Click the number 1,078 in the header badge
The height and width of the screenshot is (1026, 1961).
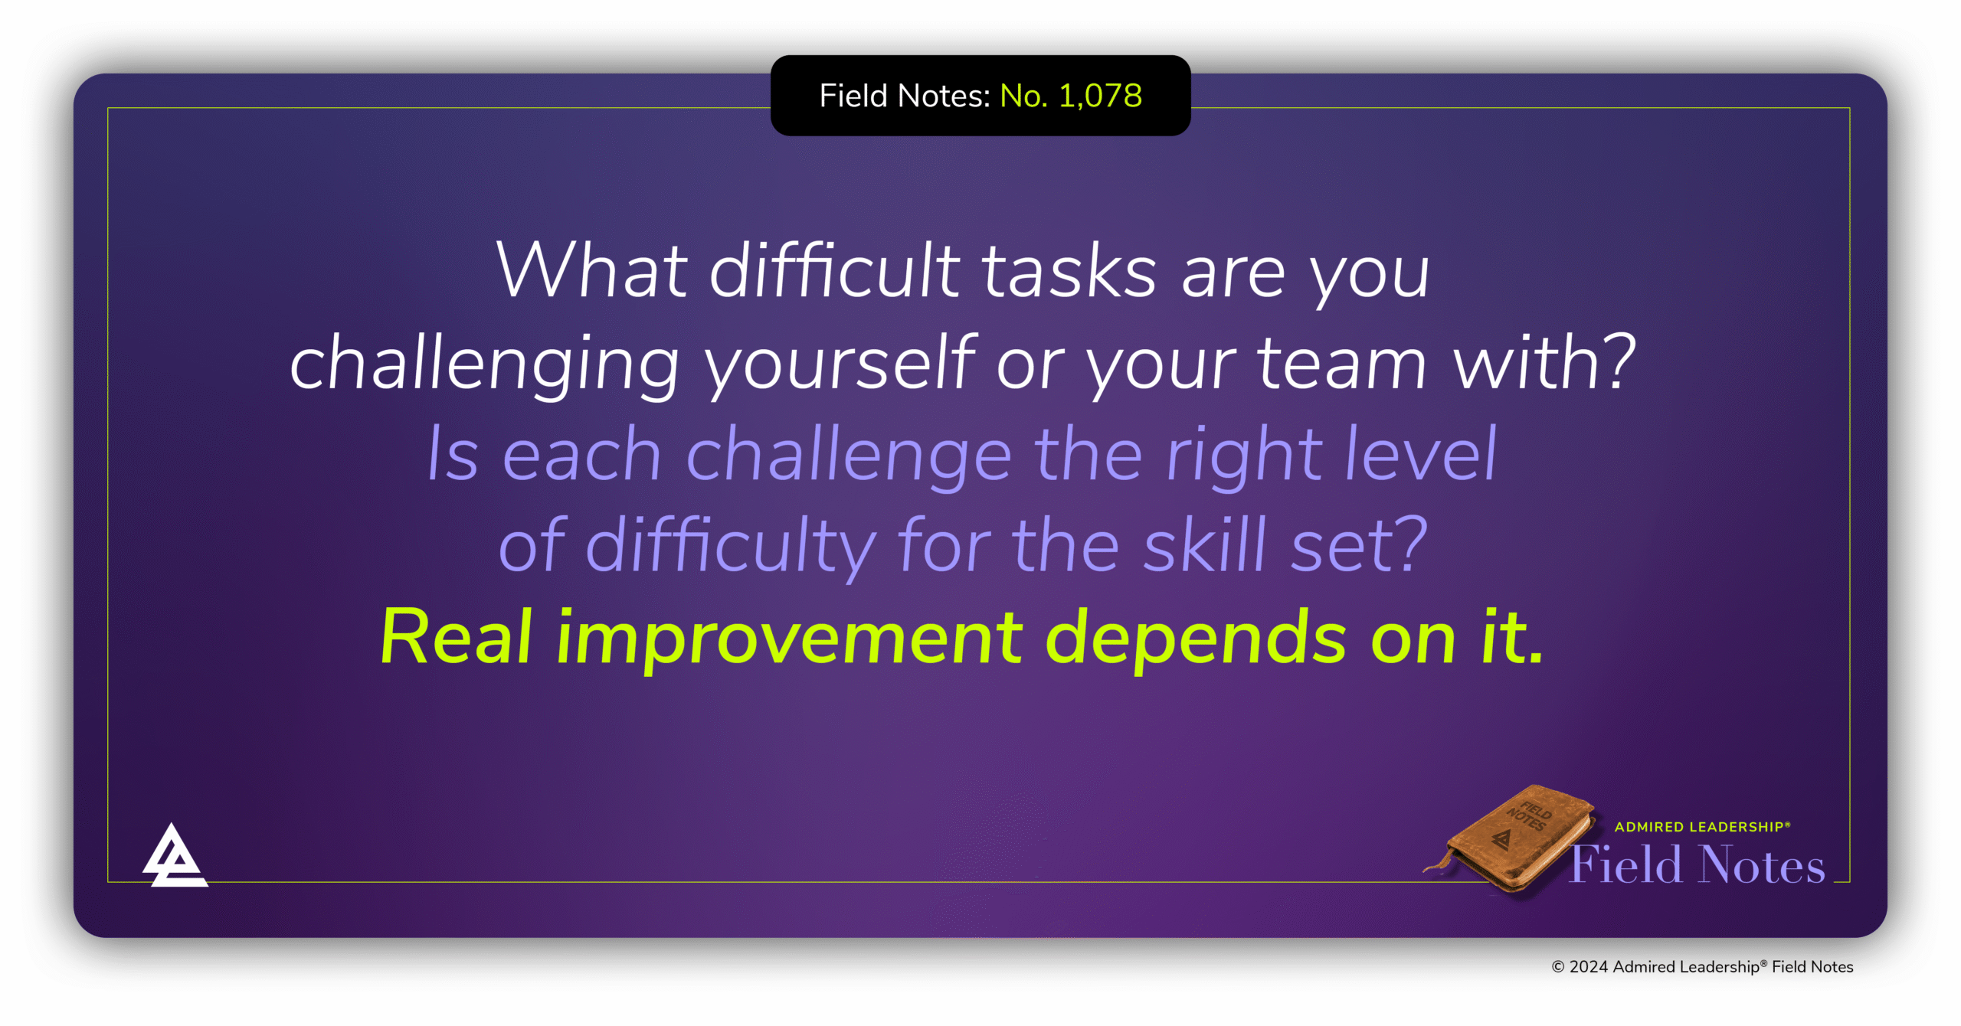1100,96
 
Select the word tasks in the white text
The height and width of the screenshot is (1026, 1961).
1069,272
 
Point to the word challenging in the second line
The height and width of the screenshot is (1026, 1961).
484,364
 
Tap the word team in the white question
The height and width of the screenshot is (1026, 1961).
1342,364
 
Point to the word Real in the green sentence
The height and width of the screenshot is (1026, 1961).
456,637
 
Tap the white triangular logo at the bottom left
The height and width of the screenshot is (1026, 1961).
175,858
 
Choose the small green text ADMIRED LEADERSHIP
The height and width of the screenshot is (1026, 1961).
1701,827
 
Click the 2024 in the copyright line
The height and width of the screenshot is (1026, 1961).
1588,967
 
